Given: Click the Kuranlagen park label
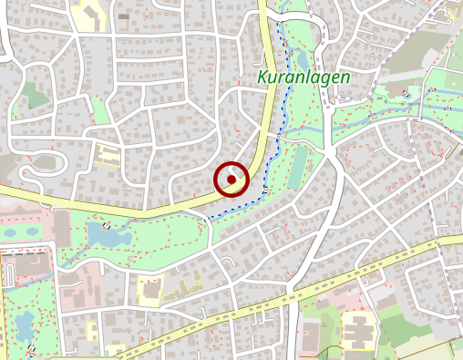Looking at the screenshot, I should [x=304, y=78].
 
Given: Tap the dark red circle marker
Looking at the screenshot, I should [x=232, y=180].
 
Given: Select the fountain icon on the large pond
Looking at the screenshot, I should [x=108, y=226].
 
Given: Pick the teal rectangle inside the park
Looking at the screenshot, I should [x=298, y=168].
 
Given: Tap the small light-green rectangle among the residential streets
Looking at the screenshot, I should [x=34, y=95].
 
